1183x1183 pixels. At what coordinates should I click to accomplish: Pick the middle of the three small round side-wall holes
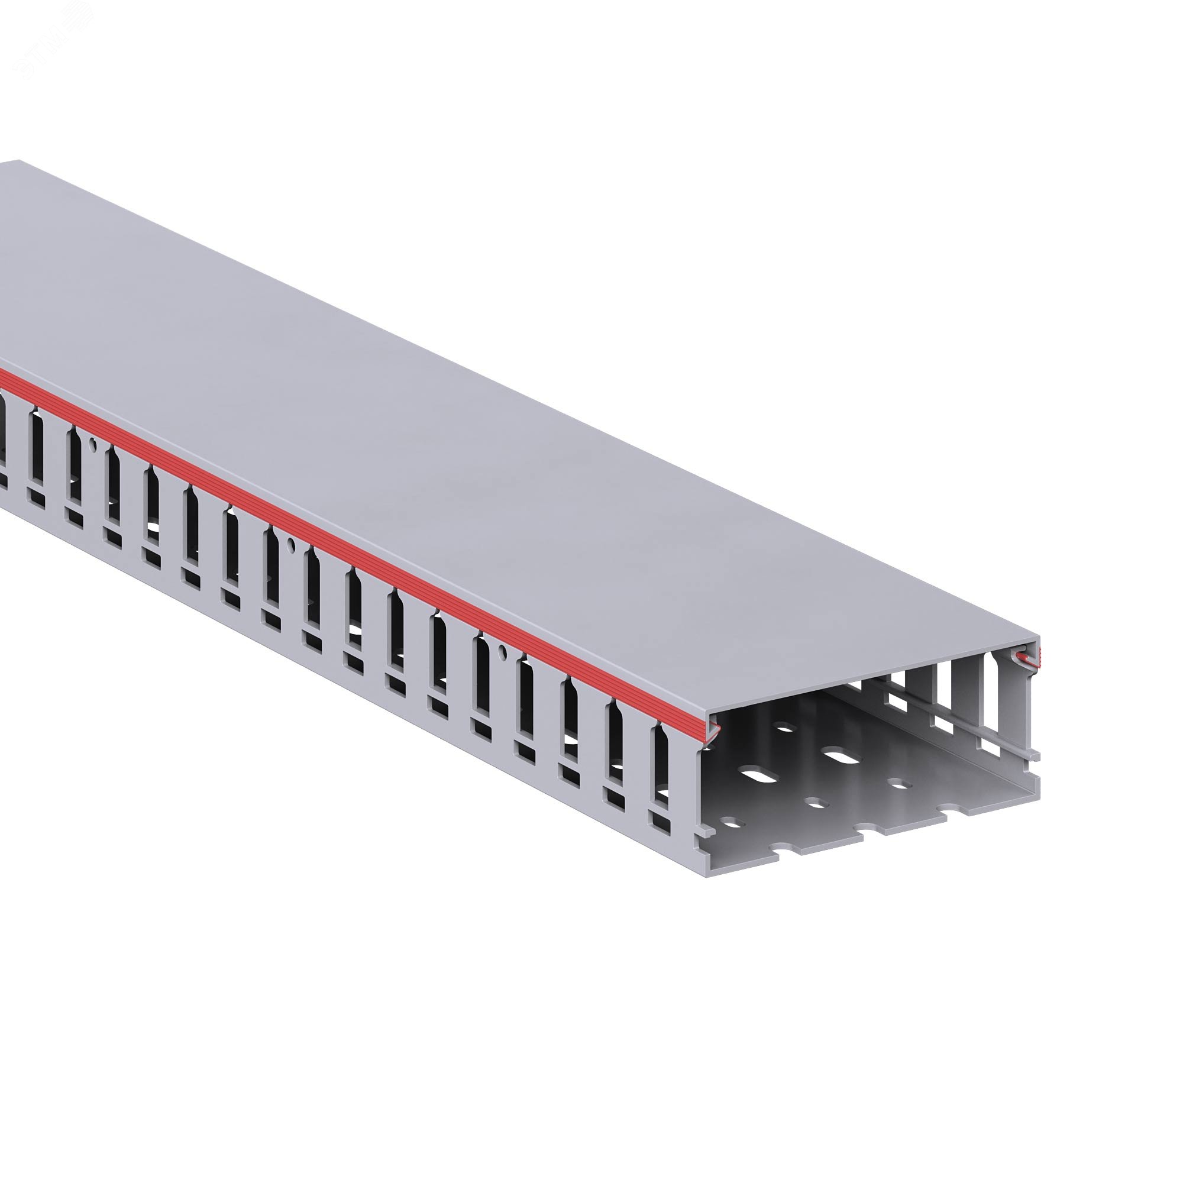[x=292, y=544]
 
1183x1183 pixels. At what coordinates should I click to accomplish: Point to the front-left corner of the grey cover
[x=707, y=712]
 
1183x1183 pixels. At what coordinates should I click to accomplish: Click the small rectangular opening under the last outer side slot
[x=661, y=822]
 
